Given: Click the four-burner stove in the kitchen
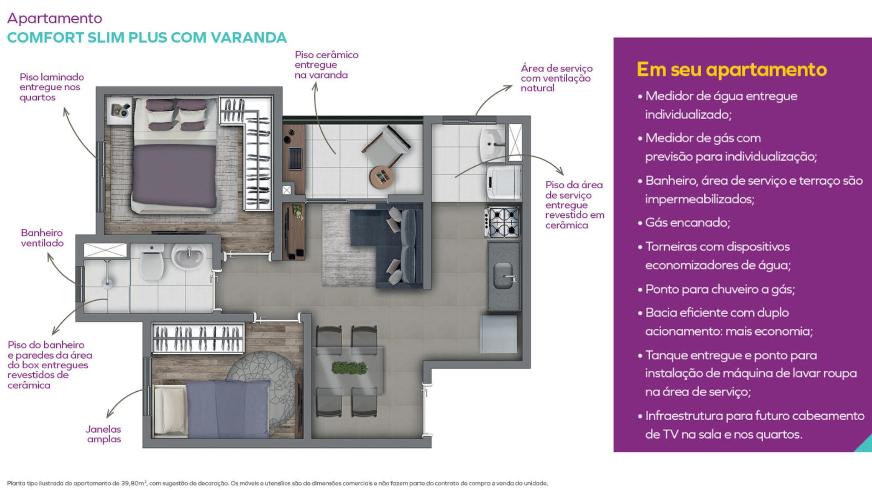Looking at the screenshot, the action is (502, 222).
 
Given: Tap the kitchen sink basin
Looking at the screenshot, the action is (503, 275).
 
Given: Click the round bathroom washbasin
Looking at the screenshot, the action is (189, 256).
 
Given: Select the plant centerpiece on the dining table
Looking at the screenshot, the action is (349, 367).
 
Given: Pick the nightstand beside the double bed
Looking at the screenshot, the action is (119, 111).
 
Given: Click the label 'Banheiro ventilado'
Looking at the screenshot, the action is (42, 238).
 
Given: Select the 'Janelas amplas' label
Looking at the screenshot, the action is (103, 434).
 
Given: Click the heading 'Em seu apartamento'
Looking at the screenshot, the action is (731, 69).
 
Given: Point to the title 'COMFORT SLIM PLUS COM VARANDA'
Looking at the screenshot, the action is (147, 37).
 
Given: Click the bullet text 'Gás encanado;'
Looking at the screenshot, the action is (688, 222).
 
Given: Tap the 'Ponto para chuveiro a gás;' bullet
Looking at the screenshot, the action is (720, 289).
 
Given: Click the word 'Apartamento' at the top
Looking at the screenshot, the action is (55, 18).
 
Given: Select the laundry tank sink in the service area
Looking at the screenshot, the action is (493, 143).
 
